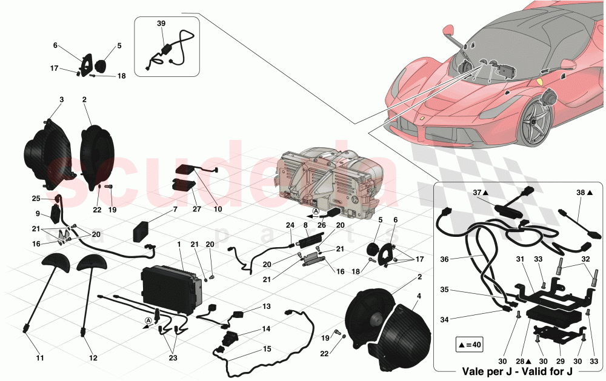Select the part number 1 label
179,244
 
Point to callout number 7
175,209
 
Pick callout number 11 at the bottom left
39,359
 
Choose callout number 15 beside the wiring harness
267,349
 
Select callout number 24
290,226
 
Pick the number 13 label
267,307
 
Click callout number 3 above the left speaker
61,99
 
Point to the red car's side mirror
448,29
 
